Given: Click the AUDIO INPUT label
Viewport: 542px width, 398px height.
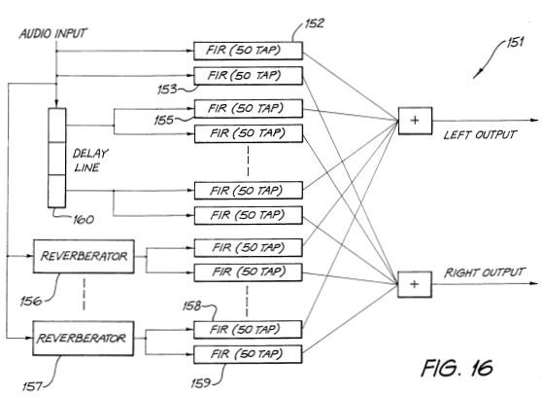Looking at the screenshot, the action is (52, 34).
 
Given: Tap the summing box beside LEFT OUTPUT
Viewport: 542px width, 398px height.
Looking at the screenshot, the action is (415, 121).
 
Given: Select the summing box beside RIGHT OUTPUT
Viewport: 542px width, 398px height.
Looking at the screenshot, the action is (415, 284).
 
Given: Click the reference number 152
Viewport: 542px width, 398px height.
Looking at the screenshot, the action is (315, 23).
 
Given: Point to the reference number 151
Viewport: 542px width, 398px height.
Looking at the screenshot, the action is (515, 42).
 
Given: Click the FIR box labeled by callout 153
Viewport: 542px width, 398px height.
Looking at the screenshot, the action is (249, 76).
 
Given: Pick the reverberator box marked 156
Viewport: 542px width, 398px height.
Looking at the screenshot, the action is (84, 256).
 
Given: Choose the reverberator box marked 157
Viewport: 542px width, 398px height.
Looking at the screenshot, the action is (83, 338).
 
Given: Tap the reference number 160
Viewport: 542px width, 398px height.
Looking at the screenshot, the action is (84, 220).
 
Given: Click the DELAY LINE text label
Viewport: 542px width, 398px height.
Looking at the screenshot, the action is (90, 161).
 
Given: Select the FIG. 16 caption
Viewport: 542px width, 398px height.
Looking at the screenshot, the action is (457, 368).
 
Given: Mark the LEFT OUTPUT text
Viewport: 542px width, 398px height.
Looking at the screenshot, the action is (480, 134).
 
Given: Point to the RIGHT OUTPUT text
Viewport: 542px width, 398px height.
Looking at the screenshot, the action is (485, 272).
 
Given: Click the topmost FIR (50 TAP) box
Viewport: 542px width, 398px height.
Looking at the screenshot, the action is (249, 51).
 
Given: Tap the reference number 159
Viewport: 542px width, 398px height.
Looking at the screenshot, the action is (201, 382).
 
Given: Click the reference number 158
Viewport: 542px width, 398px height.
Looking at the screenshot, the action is (192, 306).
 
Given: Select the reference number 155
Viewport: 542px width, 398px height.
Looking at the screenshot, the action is (164, 121).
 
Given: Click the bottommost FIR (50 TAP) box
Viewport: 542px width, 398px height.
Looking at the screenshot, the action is (248, 354).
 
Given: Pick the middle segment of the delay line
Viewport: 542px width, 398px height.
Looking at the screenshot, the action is (56, 159).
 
